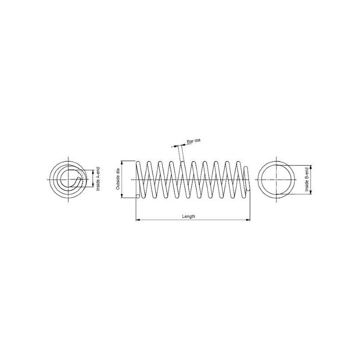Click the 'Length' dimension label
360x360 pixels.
click(x=189, y=216)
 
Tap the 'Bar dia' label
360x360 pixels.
click(x=193, y=141)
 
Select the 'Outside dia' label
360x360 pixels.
click(x=118, y=179)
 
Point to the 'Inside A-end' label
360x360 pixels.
click(x=98, y=179)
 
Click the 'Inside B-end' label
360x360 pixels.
click(x=307, y=180)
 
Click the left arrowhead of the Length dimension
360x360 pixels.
click(x=138, y=220)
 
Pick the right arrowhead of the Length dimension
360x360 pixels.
click(x=248, y=220)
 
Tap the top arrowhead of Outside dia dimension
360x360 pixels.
click(x=122, y=163)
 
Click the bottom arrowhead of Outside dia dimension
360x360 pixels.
click(x=122, y=196)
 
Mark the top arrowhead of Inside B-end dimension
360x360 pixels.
click(x=311, y=167)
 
